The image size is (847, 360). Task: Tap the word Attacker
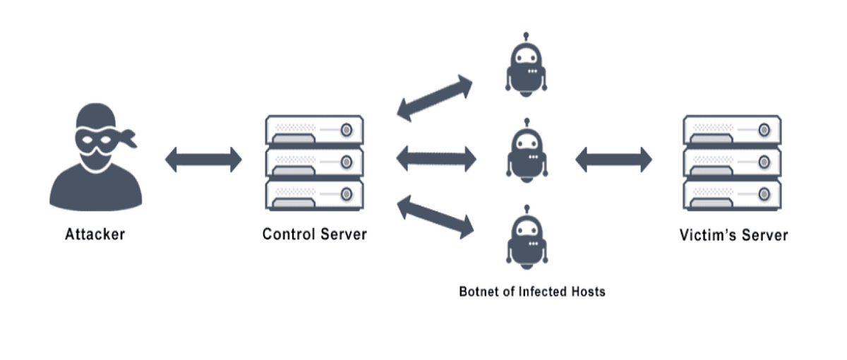(x=95, y=234)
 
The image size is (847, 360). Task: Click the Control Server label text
(x=314, y=234)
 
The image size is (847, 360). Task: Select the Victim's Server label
(x=733, y=234)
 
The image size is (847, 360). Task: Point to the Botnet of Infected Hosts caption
(x=531, y=291)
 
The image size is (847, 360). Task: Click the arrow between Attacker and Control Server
(x=203, y=160)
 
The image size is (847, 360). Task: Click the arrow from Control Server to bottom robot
(x=435, y=217)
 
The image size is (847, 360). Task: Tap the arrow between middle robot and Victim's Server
(x=613, y=160)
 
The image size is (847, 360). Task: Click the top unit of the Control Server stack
(x=314, y=131)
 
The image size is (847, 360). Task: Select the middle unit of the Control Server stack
(x=314, y=162)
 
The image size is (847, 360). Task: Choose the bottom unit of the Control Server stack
(x=314, y=194)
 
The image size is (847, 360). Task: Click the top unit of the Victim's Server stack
(x=732, y=131)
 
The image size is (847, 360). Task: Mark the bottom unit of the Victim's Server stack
(x=732, y=194)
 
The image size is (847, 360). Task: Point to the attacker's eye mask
(x=95, y=139)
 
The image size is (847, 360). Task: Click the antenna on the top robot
(x=526, y=37)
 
